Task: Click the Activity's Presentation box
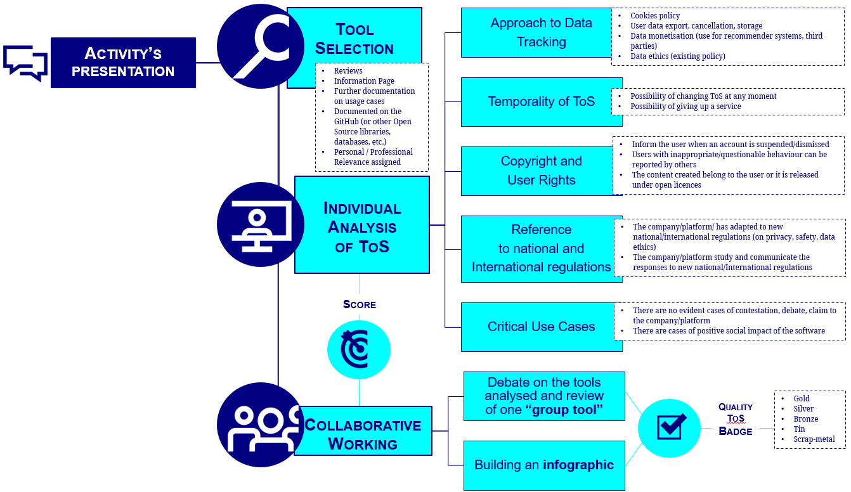pos(123,62)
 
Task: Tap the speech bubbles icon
pos(25,62)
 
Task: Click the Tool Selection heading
pos(354,39)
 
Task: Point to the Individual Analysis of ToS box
pos(362,225)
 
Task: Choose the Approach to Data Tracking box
pos(540,32)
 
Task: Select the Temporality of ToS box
pos(541,102)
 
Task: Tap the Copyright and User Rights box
pos(541,171)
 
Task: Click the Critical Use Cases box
pos(541,327)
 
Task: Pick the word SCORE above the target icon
pos(360,304)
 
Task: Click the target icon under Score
pos(358,349)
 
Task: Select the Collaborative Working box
pos(363,434)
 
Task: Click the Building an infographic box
pos(544,465)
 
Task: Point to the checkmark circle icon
pos(670,427)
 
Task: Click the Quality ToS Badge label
pos(736,418)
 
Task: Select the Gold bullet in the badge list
pos(802,399)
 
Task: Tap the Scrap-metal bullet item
pos(814,439)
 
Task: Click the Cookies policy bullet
pos(655,16)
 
